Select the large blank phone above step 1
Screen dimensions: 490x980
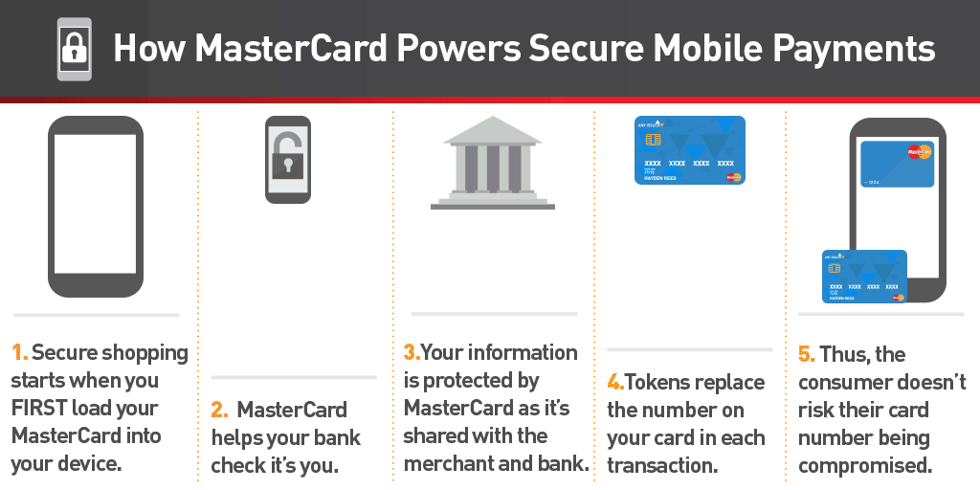point(95,206)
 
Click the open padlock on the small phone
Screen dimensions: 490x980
point(287,157)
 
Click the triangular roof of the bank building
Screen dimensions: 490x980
point(492,129)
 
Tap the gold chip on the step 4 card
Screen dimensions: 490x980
point(654,139)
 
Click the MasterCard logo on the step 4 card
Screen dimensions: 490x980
point(733,176)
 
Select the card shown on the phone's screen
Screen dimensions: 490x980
point(897,164)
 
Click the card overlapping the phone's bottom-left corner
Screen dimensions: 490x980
point(864,277)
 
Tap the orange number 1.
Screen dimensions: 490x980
point(18,353)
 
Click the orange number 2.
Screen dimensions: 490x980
point(219,411)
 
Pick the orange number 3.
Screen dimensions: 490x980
point(411,353)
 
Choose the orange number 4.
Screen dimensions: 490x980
point(614,383)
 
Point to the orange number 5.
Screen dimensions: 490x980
point(806,354)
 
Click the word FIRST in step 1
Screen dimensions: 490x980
point(42,409)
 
